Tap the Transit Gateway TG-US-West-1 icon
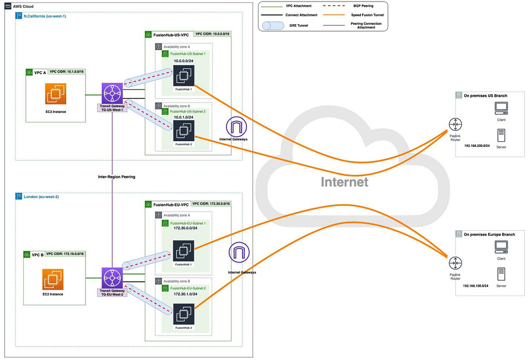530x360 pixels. (112, 93)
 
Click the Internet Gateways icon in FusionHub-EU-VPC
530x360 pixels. (239, 252)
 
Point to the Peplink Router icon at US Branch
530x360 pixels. (455, 125)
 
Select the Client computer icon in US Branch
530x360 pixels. (500, 108)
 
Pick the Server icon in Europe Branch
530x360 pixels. (500, 274)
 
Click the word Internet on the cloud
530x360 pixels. (344, 182)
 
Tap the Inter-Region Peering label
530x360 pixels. (116, 177)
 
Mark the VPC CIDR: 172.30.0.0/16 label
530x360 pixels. (212, 204)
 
